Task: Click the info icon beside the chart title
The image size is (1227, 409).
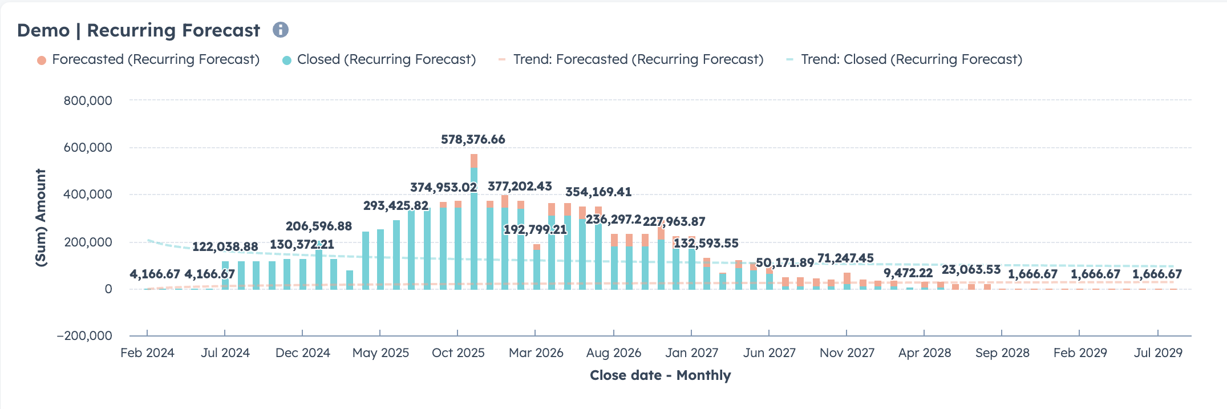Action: point(280,30)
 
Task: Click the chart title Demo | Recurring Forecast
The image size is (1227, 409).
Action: point(139,30)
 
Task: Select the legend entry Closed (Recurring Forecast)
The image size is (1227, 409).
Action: point(386,59)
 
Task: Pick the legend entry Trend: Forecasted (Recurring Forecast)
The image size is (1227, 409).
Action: point(638,59)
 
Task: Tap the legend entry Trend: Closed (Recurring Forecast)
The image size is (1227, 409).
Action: point(911,59)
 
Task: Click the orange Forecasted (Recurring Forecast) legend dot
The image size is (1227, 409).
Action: point(42,60)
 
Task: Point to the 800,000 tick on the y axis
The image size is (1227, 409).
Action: point(88,100)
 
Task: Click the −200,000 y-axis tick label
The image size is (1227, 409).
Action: point(84,335)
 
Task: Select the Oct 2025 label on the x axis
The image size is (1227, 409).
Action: point(458,353)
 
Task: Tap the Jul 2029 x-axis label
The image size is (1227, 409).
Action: point(1158,353)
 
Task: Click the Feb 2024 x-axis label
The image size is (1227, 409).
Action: point(147,353)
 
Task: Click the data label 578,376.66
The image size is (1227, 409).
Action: point(473,139)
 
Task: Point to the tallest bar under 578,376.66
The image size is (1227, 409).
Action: point(474,228)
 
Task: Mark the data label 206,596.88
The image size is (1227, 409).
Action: point(319,226)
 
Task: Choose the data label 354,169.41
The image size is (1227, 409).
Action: point(598,192)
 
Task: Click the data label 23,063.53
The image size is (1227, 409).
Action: point(971,269)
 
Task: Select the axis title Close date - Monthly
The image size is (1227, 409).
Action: point(660,375)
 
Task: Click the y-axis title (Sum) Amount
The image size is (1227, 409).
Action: point(41,217)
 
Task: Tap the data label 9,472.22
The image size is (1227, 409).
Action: point(908,273)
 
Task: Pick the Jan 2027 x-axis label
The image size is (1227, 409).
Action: point(691,353)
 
